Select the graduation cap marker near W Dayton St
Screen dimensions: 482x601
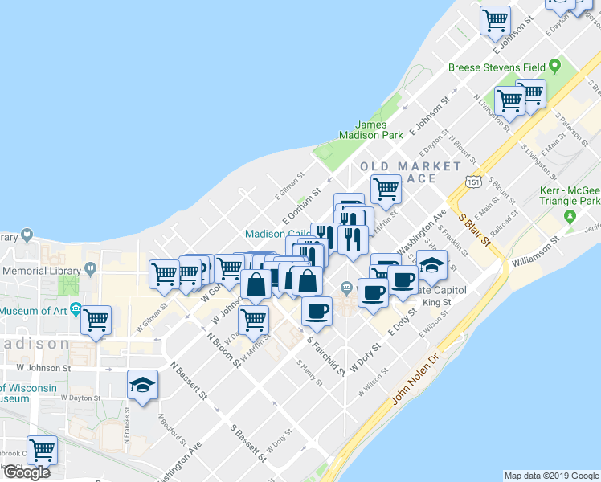tap(142, 386)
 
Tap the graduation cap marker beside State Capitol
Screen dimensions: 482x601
tap(431, 265)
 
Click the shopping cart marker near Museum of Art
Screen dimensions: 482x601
tap(96, 321)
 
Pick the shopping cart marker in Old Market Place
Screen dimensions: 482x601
tap(386, 190)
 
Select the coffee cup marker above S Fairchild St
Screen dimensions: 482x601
tap(317, 310)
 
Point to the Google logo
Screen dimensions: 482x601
tap(27, 472)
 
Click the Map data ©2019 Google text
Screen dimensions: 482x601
tap(550, 476)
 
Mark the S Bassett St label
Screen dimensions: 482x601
tap(248, 443)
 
